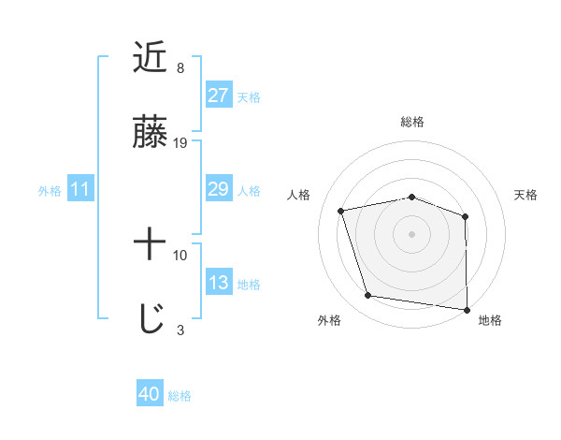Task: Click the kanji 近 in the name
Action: (151, 58)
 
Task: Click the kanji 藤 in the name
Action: (151, 133)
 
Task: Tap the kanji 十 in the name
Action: (151, 245)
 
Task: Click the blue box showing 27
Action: (218, 95)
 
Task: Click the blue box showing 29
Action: (218, 189)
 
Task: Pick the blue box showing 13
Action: (218, 283)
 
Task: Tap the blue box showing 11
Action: (79, 190)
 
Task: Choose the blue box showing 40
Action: (150, 395)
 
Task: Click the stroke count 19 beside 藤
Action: (180, 143)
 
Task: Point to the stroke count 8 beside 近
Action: (180, 68)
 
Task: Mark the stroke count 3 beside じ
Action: (180, 330)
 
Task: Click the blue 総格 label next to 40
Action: (180, 396)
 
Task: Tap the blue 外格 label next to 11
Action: (50, 191)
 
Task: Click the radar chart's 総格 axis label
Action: (411, 122)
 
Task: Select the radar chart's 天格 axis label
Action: (525, 195)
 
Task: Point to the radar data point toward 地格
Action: (467, 309)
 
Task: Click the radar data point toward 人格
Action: (341, 211)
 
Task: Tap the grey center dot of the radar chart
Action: (411, 233)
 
